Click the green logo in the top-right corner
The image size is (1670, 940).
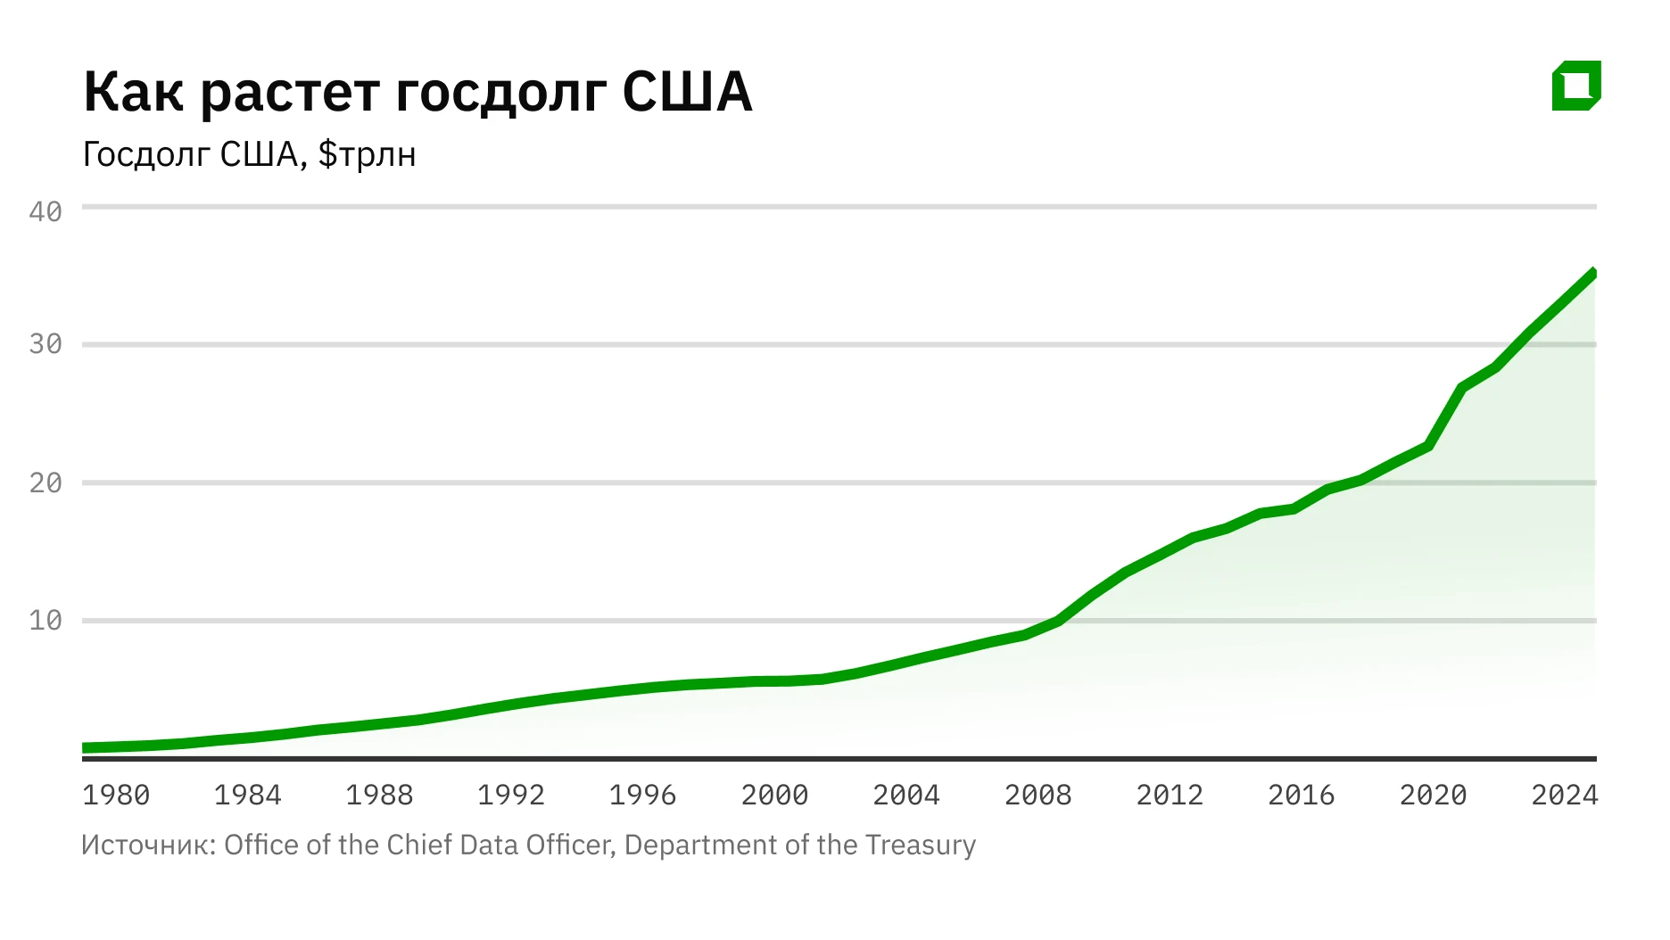click(1576, 86)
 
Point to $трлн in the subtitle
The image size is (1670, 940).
click(367, 155)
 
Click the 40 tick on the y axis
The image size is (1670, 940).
click(45, 211)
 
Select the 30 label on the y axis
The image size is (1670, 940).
click(45, 344)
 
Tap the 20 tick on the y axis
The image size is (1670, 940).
click(45, 483)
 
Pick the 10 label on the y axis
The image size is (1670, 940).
click(45, 621)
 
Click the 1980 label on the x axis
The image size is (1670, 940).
click(116, 795)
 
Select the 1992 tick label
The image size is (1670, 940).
click(510, 795)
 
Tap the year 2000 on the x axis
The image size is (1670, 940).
click(774, 795)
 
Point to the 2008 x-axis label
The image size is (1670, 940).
click(1038, 795)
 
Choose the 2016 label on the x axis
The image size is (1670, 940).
click(1301, 795)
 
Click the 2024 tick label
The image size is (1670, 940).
click(1564, 795)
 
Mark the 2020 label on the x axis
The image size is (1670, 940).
click(1433, 795)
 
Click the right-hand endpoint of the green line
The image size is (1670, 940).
click(1593, 274)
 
